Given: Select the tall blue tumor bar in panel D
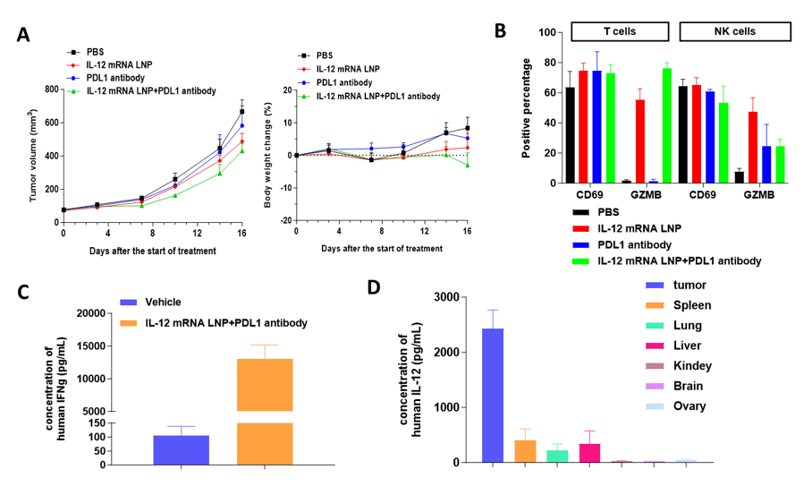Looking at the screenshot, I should tap(492, 395).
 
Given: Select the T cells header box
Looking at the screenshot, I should tap(619, 31).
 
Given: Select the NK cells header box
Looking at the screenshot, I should tap(735, 31).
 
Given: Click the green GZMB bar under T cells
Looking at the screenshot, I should tap(666, 126).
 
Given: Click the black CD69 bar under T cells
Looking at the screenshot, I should tap(570, 135).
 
